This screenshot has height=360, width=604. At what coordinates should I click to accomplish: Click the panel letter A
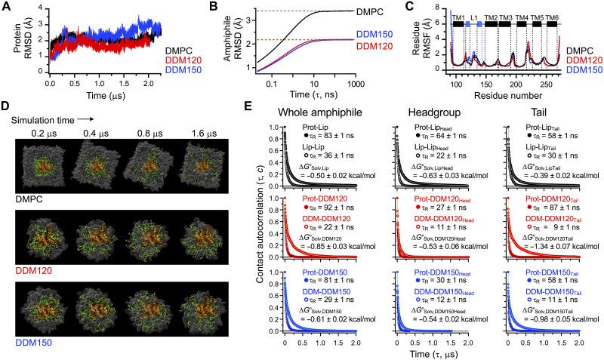(x=7, y=7)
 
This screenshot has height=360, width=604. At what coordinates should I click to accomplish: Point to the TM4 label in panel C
(x=521, y=16)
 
